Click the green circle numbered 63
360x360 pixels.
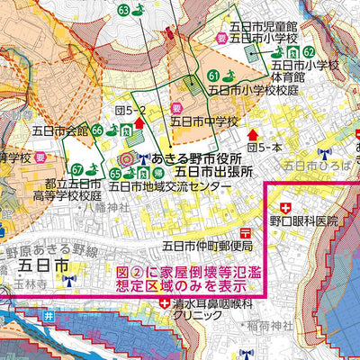coord(123,11)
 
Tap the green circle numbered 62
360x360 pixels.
coord(309,51)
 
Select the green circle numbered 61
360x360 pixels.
coord(213,75)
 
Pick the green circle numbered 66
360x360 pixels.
coord(97,130)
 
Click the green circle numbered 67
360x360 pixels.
coord(77,169)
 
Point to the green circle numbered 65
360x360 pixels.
coord(115,173)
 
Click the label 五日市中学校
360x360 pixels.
coord(202,120)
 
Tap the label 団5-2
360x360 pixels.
coord(130,110)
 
